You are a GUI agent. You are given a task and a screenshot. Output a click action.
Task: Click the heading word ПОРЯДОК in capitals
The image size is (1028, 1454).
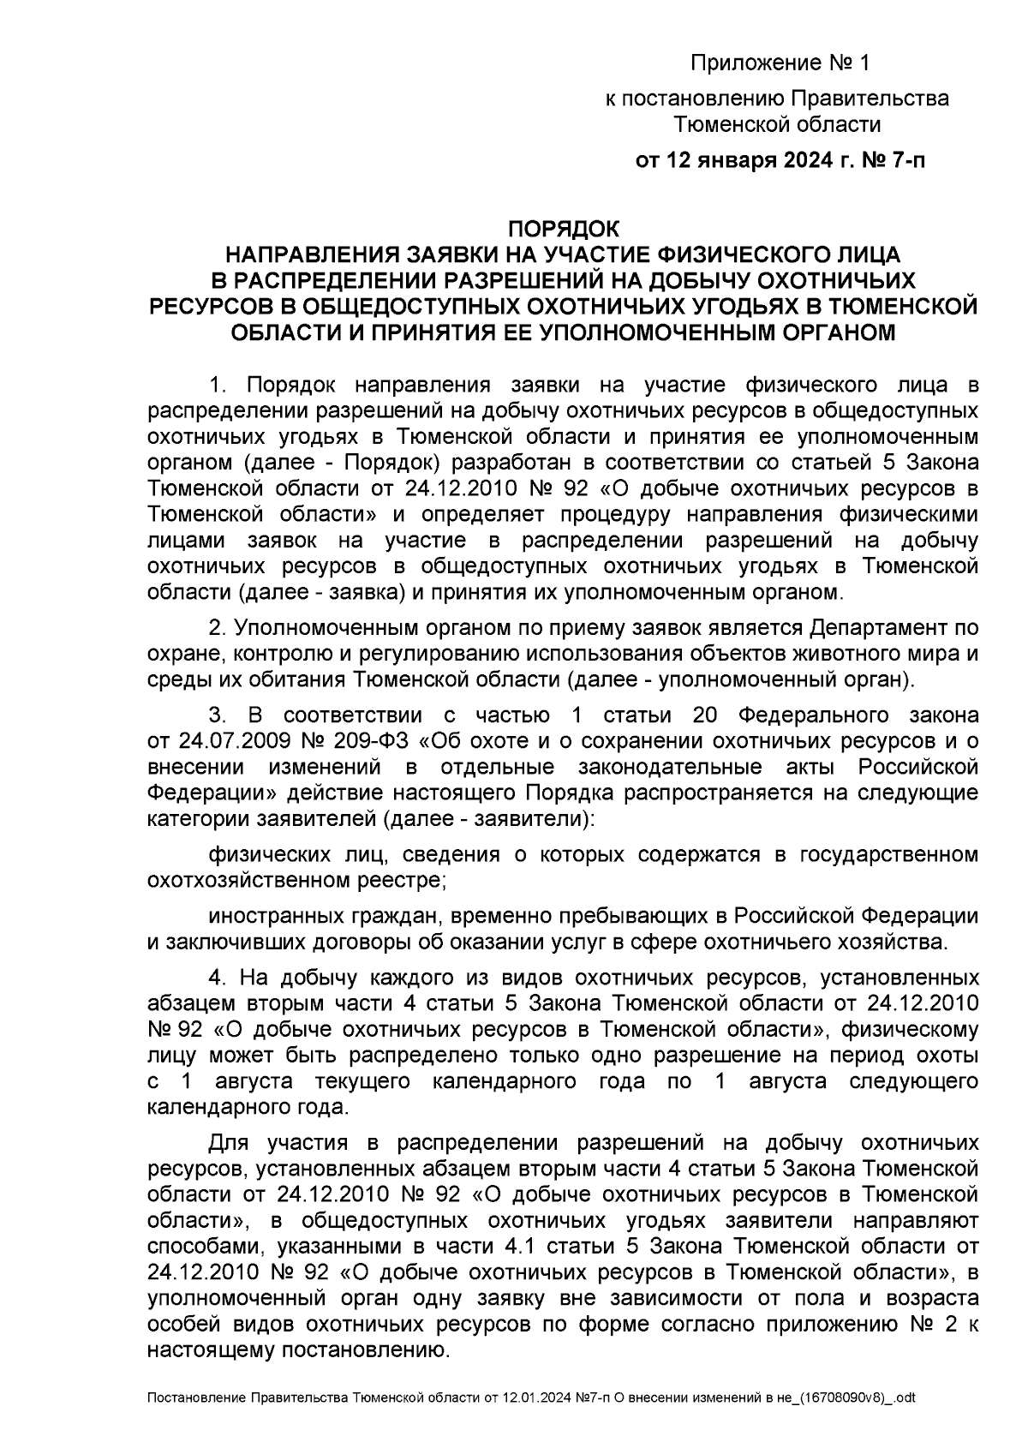(563, 230)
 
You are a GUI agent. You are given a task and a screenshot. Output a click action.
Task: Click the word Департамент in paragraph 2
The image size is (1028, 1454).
(862, 628)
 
